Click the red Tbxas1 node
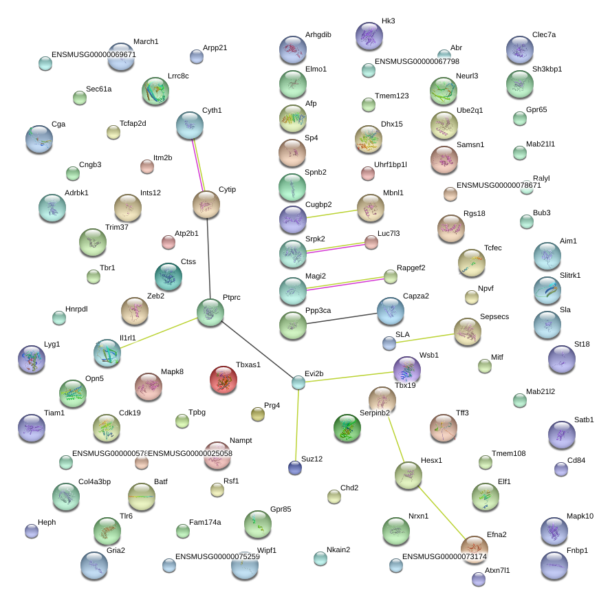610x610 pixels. pyautogui.click(x=223, y=380)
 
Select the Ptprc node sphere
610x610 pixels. pyautogui.click(x=210, y=312)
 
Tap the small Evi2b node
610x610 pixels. pyautogui.click(x=298, y=382)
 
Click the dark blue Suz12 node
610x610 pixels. pyautogui.click(x=295, y=468)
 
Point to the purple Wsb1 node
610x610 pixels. pyautogui.click(x=406, y=370)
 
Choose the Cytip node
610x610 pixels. pyautogui.click(x=206, y=204)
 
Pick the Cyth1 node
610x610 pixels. pyautogui.click(x=190, y=125)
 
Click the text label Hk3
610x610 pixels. pyautogui.click(x=388, y=21)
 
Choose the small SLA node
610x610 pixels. pyautogui.click(x=389, y=342)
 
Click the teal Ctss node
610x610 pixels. pyautogui.click(x=168, y=276)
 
